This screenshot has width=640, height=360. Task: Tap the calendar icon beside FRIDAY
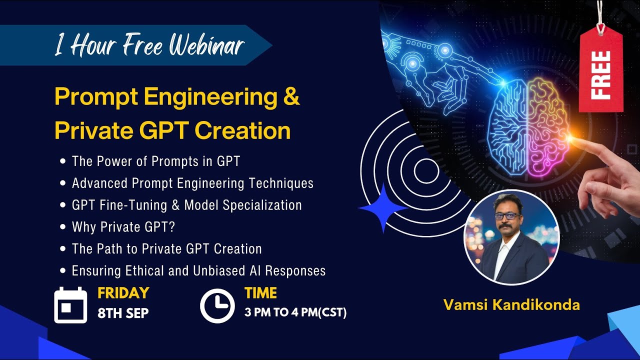tap(70, 305)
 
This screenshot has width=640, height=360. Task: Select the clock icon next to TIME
tap(217, 305)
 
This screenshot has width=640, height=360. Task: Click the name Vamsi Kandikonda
tap(511, 305)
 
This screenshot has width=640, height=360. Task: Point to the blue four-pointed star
tap(383, 207)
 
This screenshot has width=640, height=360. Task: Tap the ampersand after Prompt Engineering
tap(291, 97)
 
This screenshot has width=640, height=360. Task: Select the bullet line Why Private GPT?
tap(123, 227)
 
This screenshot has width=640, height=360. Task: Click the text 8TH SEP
tap(123, 313)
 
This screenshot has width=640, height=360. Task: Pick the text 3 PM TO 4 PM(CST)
tap(295, 313)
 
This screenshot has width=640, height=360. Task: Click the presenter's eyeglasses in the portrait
tap(507, 215)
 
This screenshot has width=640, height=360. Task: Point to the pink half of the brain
tap(547, 127)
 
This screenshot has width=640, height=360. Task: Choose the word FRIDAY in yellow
tap(123, 292)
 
